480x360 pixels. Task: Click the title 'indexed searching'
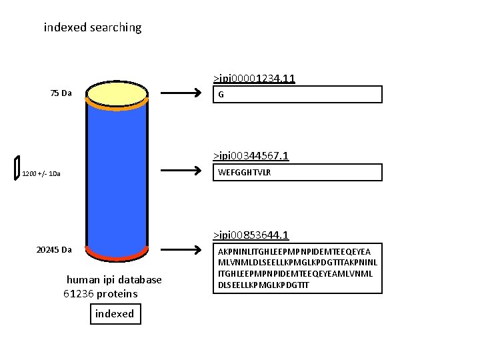(93, 28)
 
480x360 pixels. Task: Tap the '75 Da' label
(61, 93)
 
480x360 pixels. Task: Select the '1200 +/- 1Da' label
(41, 174)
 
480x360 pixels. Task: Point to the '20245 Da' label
(54, 250)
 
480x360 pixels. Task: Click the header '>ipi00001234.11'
(254, 79)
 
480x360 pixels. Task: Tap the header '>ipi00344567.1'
(251, 156)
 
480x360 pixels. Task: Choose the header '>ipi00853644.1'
(251, 235)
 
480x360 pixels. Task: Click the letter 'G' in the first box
(221, 95)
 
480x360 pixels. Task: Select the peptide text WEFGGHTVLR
(244, 173)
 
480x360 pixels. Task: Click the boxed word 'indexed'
(115, 314)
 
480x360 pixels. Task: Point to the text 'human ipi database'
(114, 280)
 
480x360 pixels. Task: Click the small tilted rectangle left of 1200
(17, 168)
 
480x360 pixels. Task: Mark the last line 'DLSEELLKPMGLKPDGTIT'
(264, 285)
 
